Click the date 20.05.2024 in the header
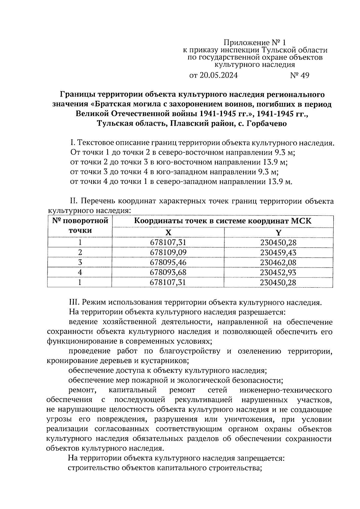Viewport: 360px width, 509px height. coord(218,75)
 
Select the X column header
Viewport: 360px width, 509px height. coord(168,232)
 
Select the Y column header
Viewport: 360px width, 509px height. coord(278,232)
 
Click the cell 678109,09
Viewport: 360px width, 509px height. coord(168,252)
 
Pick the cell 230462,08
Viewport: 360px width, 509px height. coord(278,262)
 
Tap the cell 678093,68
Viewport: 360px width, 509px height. coord(168,272)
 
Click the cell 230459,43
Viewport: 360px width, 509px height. coord(278,252)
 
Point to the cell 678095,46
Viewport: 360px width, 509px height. coord(168,262)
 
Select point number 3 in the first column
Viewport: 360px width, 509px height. coord(80,262)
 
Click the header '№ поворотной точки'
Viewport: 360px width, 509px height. coord(80,226)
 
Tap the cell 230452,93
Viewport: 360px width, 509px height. coord(278,272)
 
